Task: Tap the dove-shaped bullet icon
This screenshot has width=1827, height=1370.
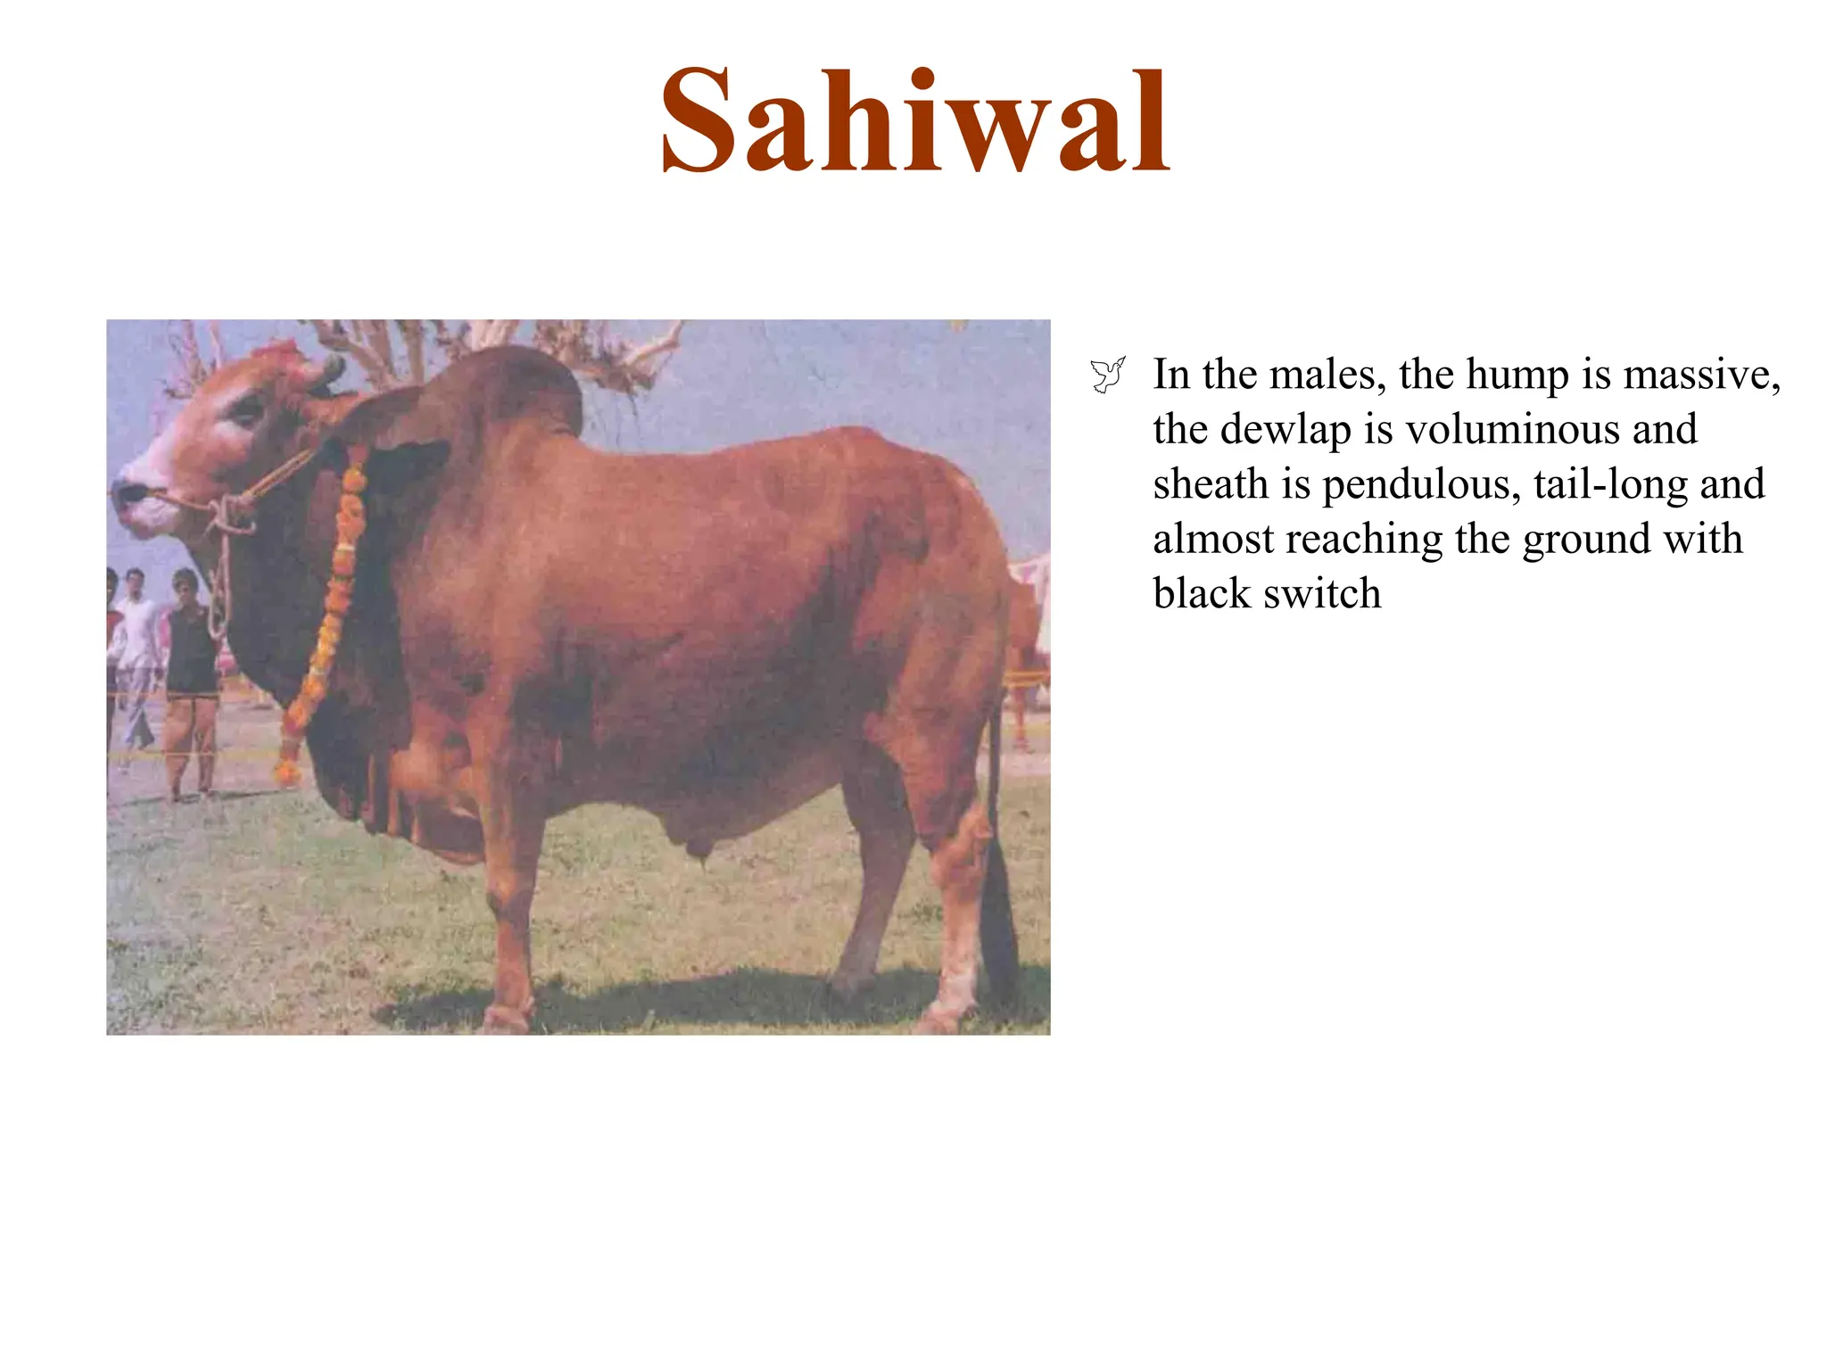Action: click(x=1107, y=375)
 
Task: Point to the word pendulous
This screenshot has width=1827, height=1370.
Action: click(x=1420, y=484)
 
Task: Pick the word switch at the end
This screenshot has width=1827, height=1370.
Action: click(x=1322, y=594)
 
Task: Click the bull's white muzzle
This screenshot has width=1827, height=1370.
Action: click(x=143, y=499)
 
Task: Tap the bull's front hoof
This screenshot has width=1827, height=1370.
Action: click(x=507, y=1017)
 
